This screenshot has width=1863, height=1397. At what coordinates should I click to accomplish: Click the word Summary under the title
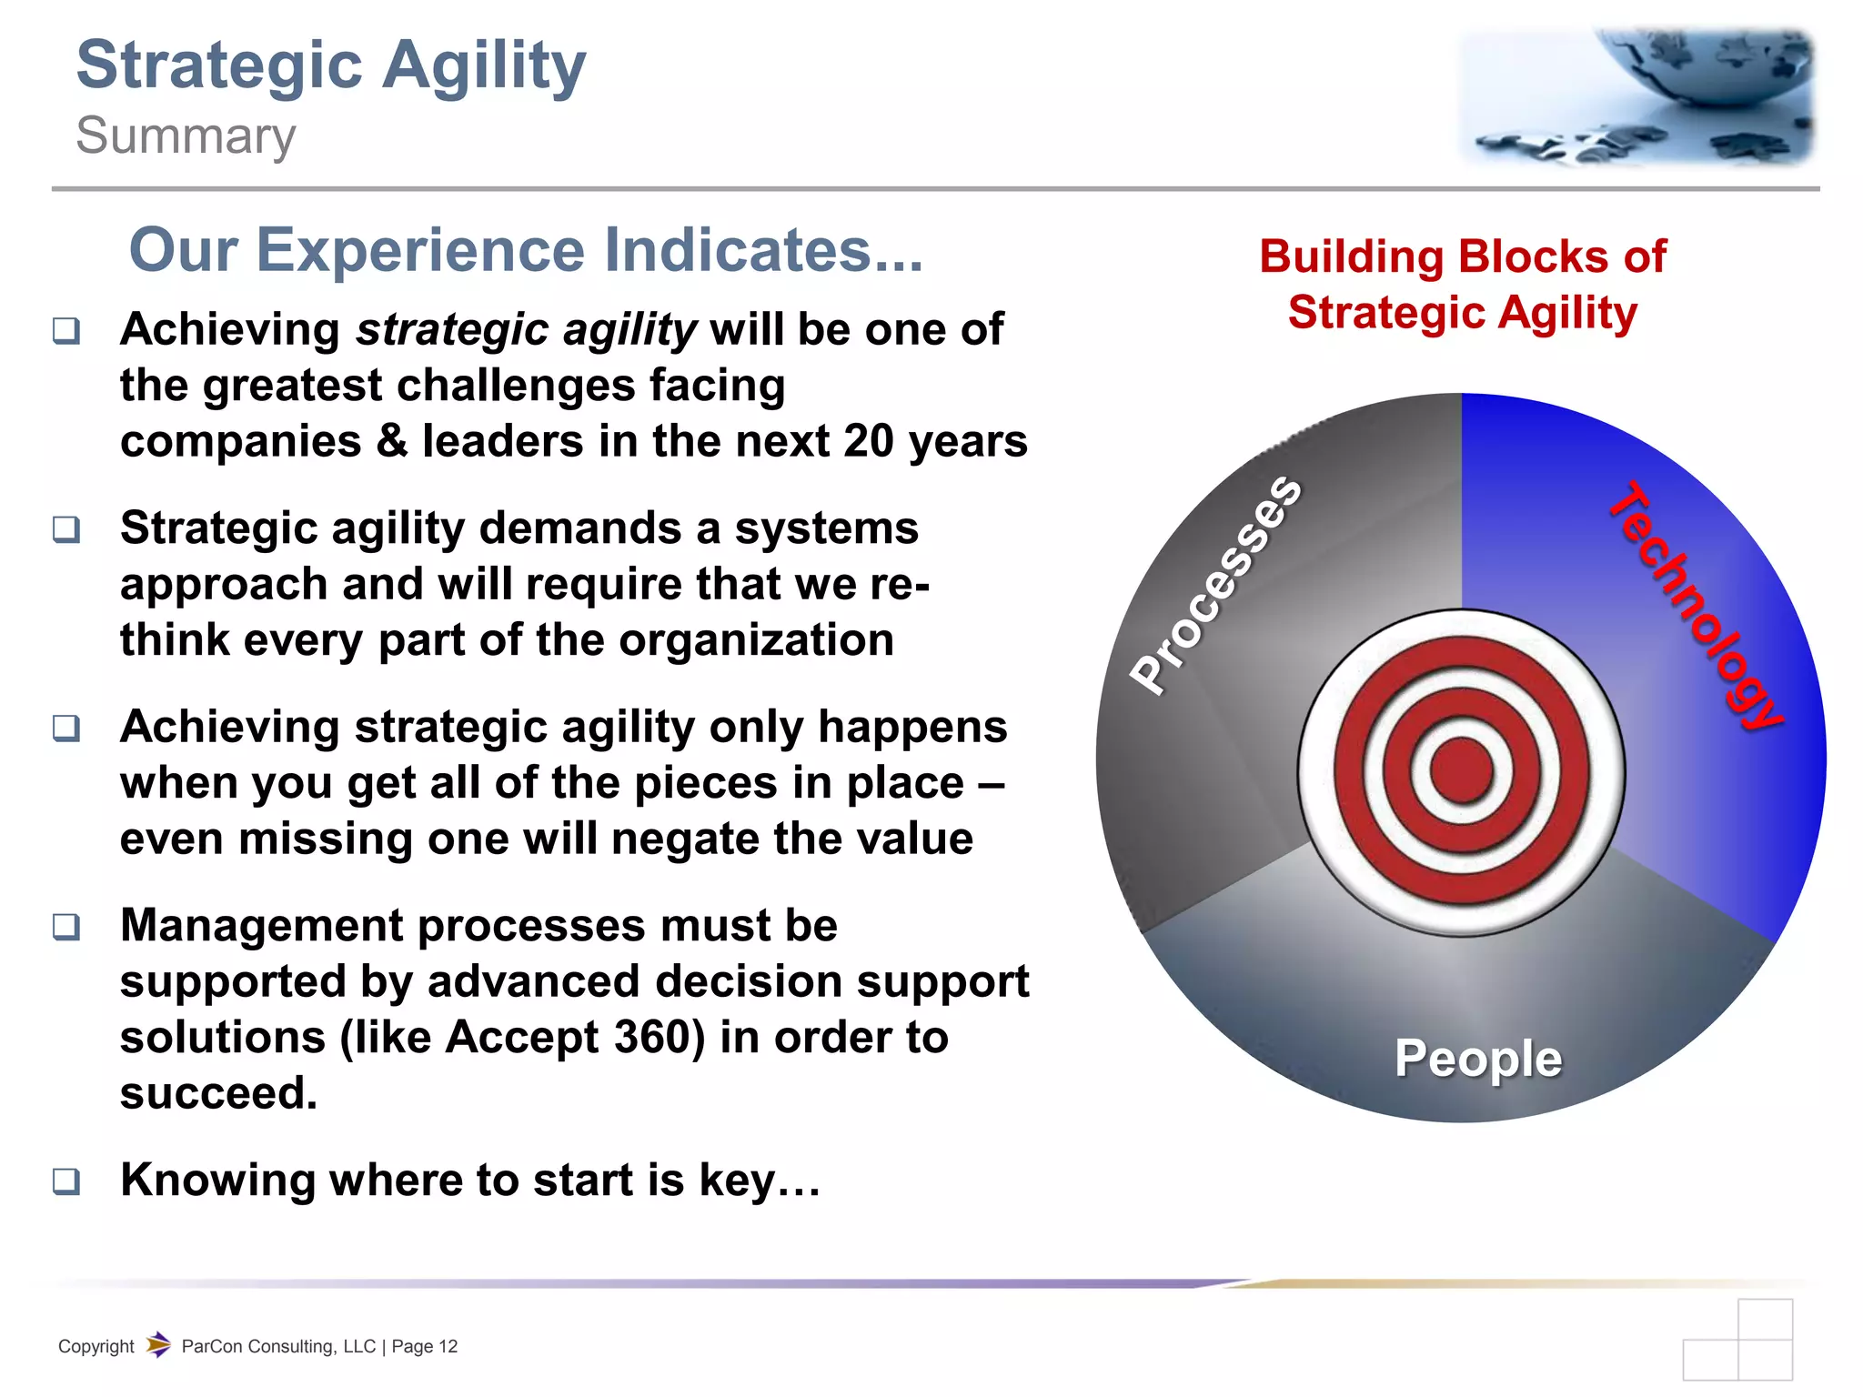tap(186, 136)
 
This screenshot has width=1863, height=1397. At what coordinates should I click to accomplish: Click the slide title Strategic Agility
tap(331, 65)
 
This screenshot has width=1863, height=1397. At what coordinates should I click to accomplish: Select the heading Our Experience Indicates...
tap(526, 250)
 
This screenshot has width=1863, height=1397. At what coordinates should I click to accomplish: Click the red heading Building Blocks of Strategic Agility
tap(1462, 284)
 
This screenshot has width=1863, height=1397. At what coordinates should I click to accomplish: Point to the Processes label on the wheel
tap(1215, 584)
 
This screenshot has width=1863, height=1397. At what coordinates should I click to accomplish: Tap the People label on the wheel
tap(1478, 1058)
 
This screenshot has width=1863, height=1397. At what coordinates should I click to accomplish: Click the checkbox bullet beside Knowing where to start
tap(66, 1181)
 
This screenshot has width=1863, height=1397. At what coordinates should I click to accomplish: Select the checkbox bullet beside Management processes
tap(66, 927)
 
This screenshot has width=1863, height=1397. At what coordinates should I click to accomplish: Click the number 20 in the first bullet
tap(869, 441)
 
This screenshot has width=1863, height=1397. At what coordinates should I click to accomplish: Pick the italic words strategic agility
tap(526, 329)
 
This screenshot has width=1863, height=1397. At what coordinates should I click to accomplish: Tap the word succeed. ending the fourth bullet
tap(218, 1093)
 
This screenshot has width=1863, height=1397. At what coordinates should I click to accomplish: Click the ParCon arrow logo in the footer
tap(158, 1344)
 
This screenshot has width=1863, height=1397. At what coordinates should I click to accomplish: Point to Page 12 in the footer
tap(425, 1347)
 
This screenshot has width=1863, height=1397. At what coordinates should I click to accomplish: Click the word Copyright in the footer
tap(96, 1347)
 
